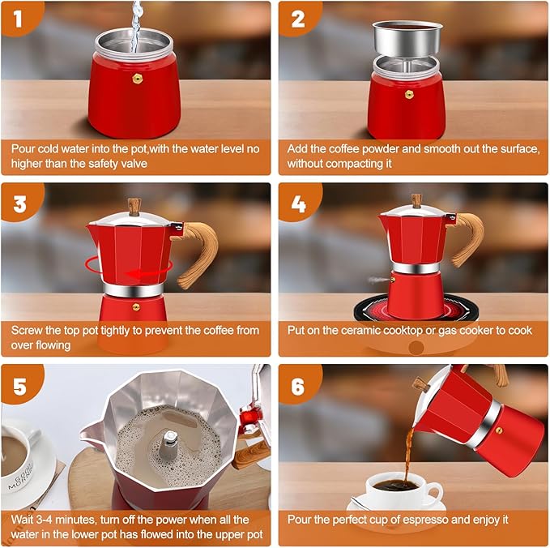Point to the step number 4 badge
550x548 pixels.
pos(297,202)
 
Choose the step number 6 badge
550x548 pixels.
pos(297,386)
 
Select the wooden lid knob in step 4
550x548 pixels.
pos(416,199)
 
